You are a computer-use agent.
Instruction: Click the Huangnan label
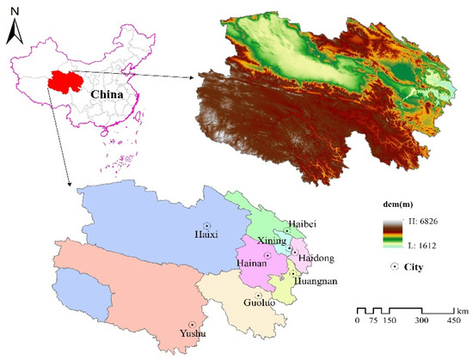(315, 280)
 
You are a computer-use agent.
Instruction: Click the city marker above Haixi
(207, 202)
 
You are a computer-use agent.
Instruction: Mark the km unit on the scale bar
(461, 308)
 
